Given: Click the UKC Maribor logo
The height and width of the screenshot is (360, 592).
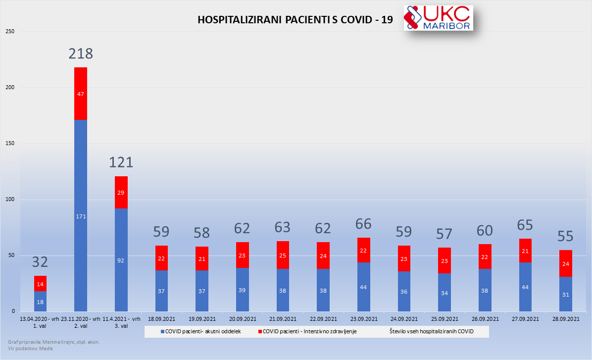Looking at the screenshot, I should (438, 18).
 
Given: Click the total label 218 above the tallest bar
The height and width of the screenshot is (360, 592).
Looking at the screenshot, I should (81, 53).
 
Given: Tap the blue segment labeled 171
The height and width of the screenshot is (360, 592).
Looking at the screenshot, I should (81, 215).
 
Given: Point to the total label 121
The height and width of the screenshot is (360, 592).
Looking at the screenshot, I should (121, 162).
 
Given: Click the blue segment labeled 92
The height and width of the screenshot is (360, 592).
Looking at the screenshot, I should (121, 260).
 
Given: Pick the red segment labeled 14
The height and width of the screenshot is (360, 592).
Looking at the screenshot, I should (40, 284).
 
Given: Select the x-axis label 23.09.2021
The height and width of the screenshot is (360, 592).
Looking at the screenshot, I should (363, 319).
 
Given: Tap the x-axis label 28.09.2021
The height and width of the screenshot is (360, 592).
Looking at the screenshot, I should (565, 319).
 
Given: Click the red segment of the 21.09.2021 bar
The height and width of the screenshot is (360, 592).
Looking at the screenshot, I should (283, 255).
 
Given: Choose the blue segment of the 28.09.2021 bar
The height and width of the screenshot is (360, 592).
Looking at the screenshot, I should (565, 294).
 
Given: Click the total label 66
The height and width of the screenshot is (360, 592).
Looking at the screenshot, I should (363, 224).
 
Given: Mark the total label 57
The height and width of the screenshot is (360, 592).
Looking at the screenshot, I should (444, 234).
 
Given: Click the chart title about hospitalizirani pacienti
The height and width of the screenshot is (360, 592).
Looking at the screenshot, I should (296, 20).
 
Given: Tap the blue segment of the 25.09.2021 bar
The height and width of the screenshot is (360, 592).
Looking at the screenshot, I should (444, 292).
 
